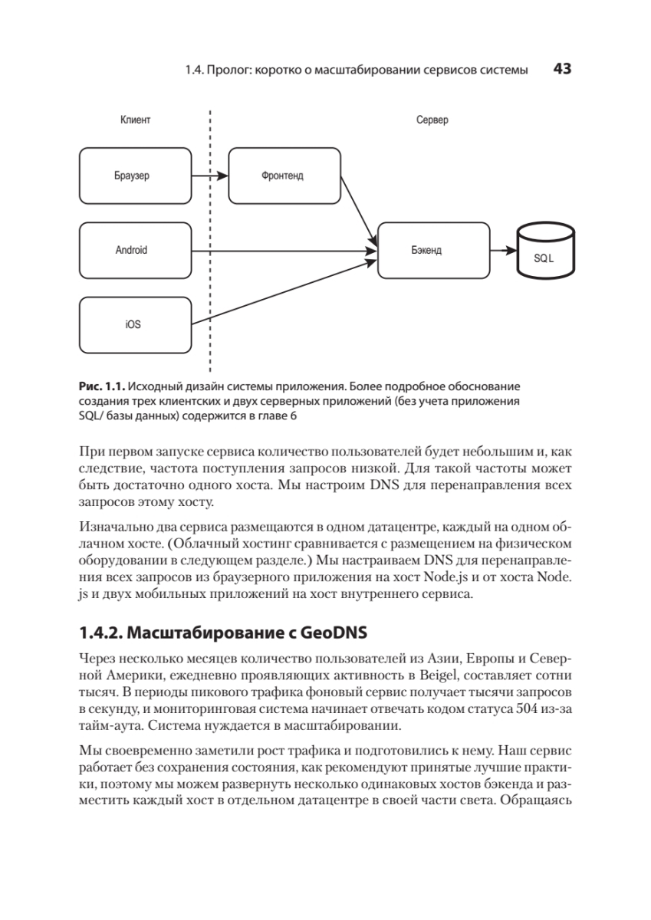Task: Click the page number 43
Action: pos(562,69)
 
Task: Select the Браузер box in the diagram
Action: pos(135,176)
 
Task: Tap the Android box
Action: pos(135,250)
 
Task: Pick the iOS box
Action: pos(135,325)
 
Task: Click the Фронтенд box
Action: pos(284,176)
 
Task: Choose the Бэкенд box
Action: pos(433,250)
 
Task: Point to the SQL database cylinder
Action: pos(544,254)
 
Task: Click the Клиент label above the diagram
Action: pos(135,120)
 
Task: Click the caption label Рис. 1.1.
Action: pos(101,386)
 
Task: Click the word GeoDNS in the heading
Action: pos(333,632)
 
